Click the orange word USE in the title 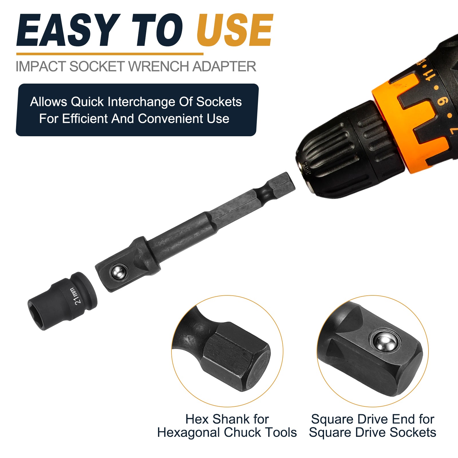point(235,30)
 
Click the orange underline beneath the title point(110,54)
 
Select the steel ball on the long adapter point(119,272)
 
